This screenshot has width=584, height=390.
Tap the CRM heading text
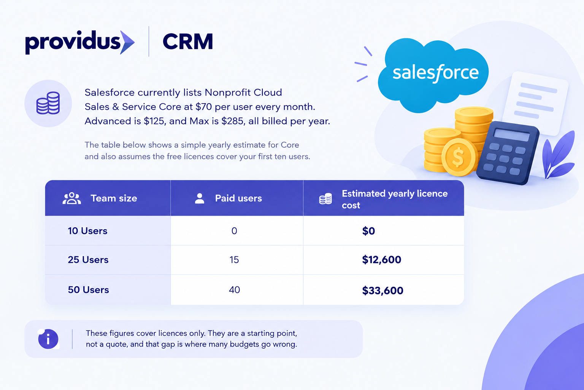click(x=188, y=42)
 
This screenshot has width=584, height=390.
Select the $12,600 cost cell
click(x=381, y=260)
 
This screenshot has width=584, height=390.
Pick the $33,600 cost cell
click(x=382, y=291)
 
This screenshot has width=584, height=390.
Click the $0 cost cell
click(x=368, y=231)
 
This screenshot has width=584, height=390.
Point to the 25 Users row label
click(x=88, y=260)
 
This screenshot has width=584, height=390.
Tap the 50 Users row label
click(x=88, y=290)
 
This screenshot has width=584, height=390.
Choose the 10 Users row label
click(x=87, y=231)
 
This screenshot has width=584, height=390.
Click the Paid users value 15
click(x=234, y=260)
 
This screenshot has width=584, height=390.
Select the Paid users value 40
click(x=234, y=290)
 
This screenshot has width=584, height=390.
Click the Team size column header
click(x=114, y=198)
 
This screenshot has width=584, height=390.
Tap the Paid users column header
click(x=238, y=198)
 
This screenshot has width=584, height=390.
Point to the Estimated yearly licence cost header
click(x=395, y=199)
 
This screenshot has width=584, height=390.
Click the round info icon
click(x=48, y=339)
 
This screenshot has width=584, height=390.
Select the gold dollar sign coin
click(x=458, y=158)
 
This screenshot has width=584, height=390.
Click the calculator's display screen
click(x=511, y=135)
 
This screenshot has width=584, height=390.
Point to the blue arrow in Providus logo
click(x=127, y=42)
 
